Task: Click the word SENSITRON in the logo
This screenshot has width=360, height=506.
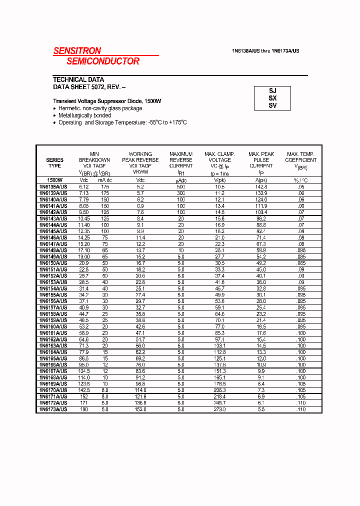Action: click(77, 50)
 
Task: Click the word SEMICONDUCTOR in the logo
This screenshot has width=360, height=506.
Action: click(103, 61)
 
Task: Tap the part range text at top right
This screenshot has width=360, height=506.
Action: click(265, 51)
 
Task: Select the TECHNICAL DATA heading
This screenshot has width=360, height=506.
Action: click(78, 79)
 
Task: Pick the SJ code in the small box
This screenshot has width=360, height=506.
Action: click(272, 91)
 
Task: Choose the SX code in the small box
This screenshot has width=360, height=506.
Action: click(272, 98)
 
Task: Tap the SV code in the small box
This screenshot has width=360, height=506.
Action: click(272, 105)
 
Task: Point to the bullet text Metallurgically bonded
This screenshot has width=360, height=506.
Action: click(84, 115)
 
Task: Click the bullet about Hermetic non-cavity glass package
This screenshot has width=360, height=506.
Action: click(100, 108)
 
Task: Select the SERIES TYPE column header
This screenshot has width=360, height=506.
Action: click(54, 163)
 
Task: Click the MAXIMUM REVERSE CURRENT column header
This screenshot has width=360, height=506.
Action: click(181, 160)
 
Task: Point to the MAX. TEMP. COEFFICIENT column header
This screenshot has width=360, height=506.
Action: click(300, 160)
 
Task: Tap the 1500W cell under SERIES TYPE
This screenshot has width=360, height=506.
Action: click(54, 179)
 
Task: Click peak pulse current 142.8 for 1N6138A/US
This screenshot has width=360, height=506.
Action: click(261, 186)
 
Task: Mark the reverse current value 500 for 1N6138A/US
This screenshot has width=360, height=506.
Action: click(180, 186)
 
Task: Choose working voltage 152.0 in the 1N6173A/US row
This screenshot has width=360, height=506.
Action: click(140, 409)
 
